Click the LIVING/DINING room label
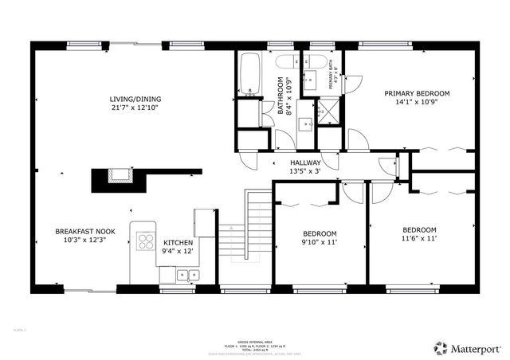pos(133,100)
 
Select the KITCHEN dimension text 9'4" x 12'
pos(178,251)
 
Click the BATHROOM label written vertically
pos(280,96)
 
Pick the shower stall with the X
pos(328,112)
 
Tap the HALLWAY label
pos(305,162)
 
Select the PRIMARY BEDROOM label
pos(417,93)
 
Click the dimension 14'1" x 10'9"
pos(417,102)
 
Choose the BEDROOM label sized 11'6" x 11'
pos(419,229)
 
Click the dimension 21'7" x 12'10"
pos(133,108)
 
